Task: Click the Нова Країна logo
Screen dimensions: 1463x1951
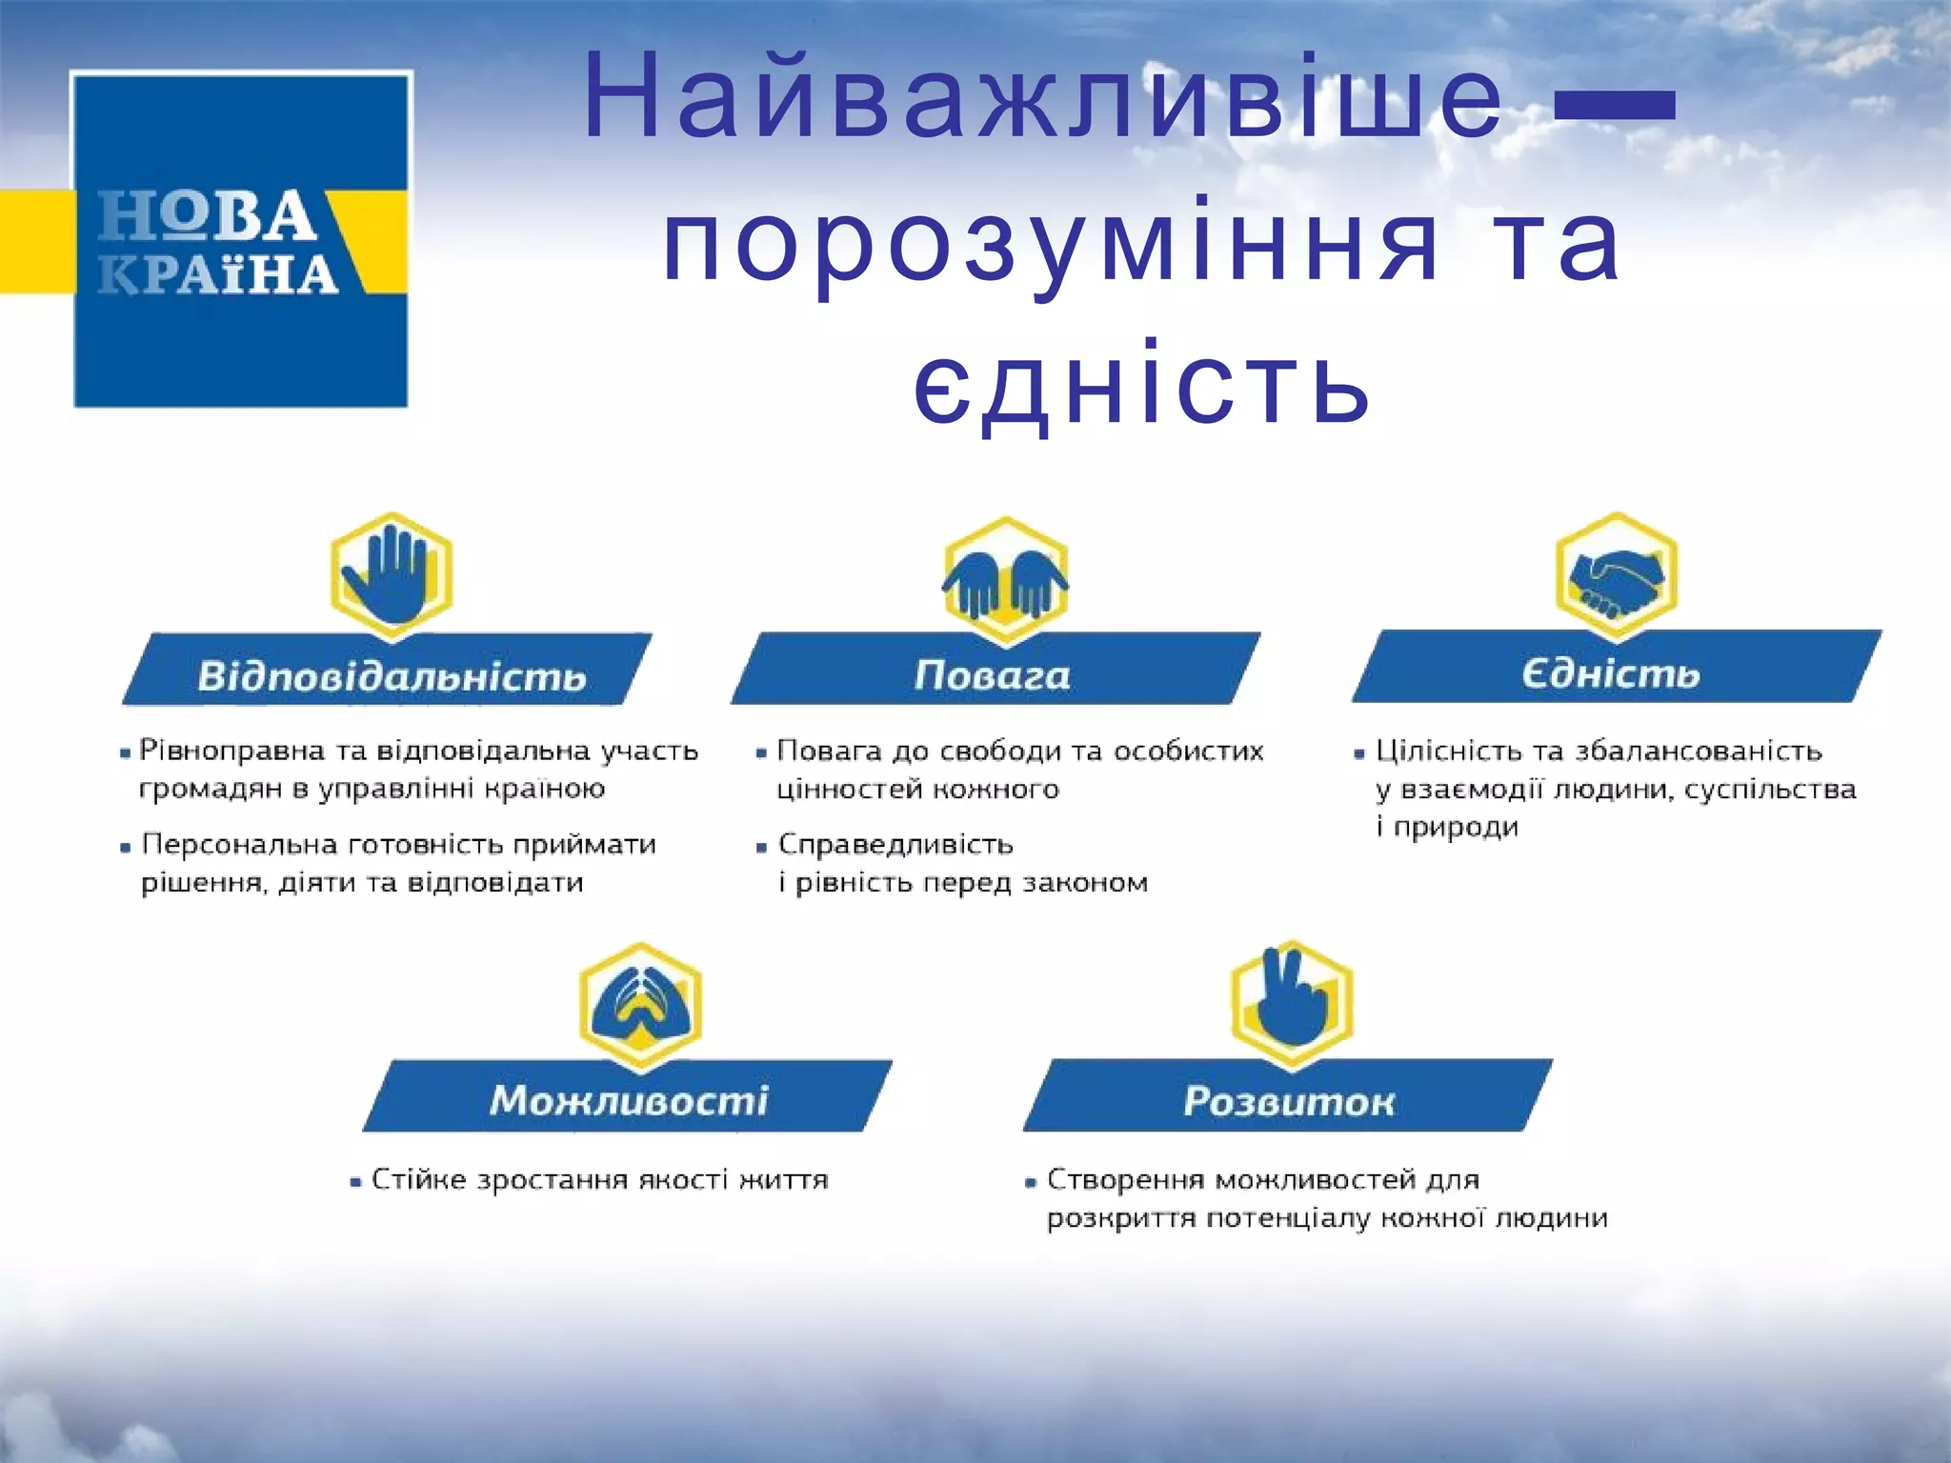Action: pyautogui.click(x=240, y=240)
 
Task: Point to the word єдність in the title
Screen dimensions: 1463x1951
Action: pyautogui.click(x=1141, y=386)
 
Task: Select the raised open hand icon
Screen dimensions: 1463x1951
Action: pyautogui.click(x=391, y=574)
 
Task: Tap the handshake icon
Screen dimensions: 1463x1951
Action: pyautogui.click(x=1616, y=576)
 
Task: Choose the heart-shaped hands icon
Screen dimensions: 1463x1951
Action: pyautogui.click(x=640, y=1005)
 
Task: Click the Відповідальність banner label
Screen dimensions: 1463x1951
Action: pyautogui.click(x=391, y=675)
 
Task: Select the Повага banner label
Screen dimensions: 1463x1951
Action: pyautogui.click(x=993, y=674)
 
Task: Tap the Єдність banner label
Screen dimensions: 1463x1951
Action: pyautogui.click(x=1610, y=672)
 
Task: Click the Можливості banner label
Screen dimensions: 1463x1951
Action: pyautogui.click(x=629, y=1099)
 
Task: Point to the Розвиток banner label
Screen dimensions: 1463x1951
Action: pyautogui.click(x=1289, y=1101)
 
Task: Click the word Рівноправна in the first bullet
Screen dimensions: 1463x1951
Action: pyautogui.click(x=231, y=752)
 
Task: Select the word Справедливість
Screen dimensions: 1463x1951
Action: pyautogui.click(x=895, y=845)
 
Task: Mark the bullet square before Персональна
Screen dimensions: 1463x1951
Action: pyautogui.click(x=125, y=848)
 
